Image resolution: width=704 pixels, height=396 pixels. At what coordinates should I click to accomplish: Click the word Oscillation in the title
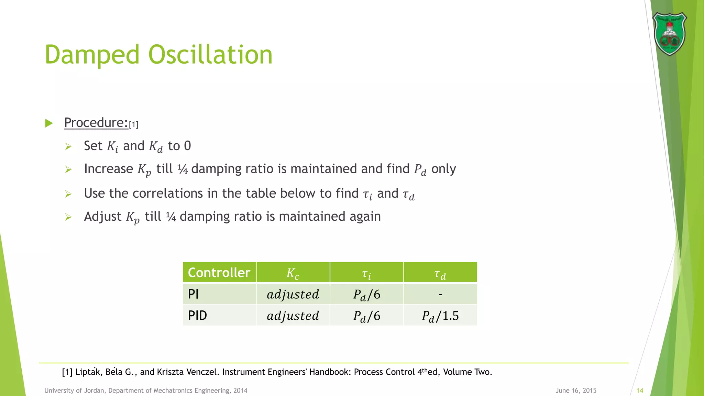(210, 55)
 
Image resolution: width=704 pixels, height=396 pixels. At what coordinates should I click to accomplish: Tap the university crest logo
(669, 34)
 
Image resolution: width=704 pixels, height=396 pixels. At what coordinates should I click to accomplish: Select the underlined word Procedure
(96, 123)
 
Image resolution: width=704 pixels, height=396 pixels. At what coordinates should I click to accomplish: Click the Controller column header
(219, 273)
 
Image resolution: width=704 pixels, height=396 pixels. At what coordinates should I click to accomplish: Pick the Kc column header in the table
(293, 273)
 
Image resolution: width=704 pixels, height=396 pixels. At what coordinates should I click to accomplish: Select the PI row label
(194, 294)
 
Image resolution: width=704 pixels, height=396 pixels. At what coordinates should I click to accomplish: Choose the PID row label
(198, 316)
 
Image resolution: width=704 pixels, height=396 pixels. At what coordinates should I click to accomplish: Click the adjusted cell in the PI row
(293, 294)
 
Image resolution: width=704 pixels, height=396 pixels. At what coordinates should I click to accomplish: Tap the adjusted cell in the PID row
(293, 316)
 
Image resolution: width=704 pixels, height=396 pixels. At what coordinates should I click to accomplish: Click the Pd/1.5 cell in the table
(440, 316)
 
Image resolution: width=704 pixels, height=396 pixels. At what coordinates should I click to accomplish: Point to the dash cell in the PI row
(440, 294)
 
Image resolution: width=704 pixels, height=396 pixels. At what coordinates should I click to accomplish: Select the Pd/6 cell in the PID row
(367, 316)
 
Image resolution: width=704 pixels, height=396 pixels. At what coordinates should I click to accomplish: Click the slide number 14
(640, 390)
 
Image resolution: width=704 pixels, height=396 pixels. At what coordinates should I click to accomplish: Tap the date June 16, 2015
(576, 390)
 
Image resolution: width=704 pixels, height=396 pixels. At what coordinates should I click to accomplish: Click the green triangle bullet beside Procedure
(49, 123)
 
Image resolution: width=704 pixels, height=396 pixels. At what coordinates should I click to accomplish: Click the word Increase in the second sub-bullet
(108, 169)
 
